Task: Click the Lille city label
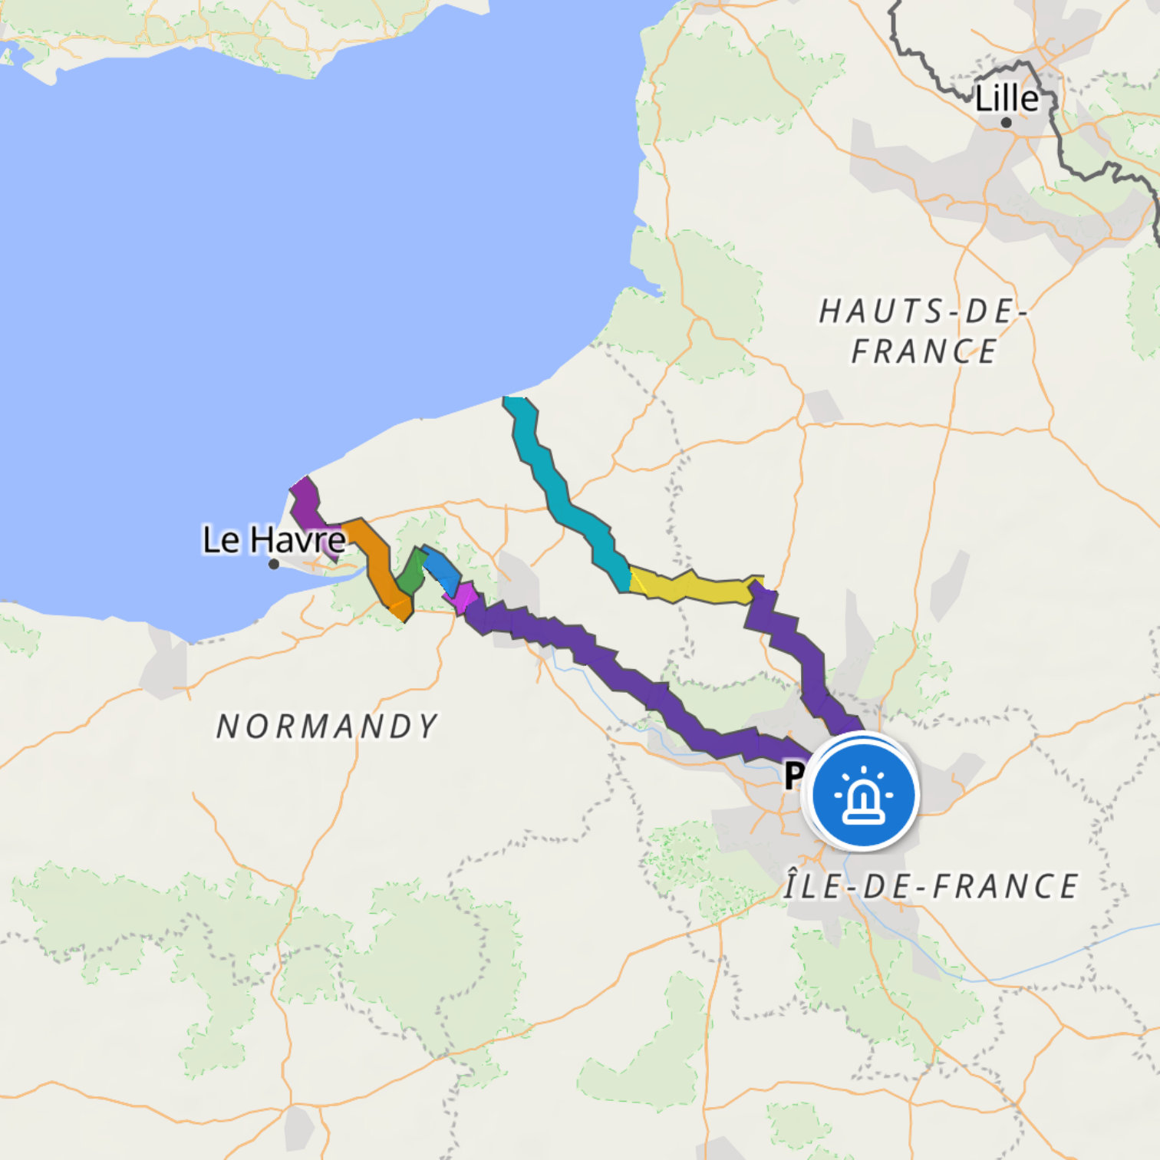[x=1006, y=98]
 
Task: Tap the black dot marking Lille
[x=1006, y=122]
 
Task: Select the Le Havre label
[x=273, y=539]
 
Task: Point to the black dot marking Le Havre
[x=273, y=564]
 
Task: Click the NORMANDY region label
[x=327, y=727]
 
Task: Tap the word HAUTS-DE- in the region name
[x=923, y=311]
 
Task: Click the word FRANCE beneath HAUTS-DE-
[x=924, y=351]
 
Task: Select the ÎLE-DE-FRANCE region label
[x=931, y=886]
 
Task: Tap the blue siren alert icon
[x=864, y=793]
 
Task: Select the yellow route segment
[x=690, y=587]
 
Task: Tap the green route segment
[x=412, y=572]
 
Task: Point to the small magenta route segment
[x=463, y=597]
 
